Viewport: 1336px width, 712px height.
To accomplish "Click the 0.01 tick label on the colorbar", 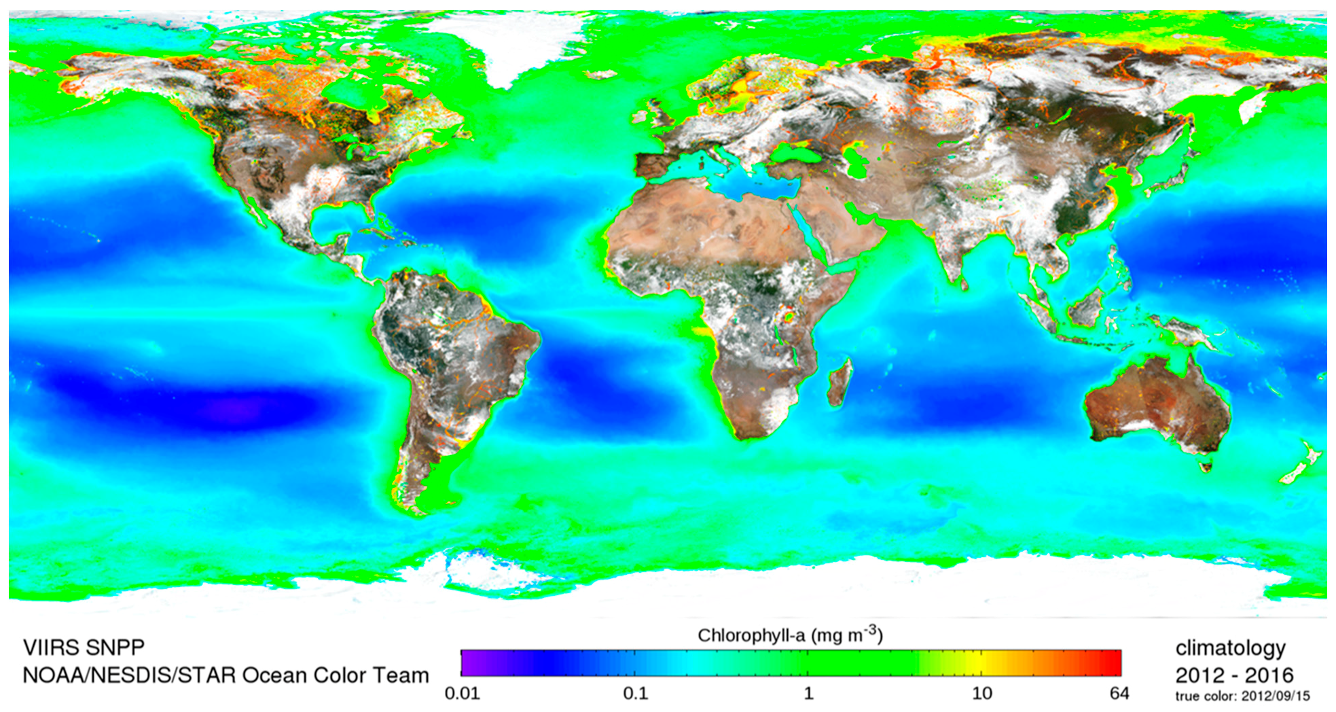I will (462, 694).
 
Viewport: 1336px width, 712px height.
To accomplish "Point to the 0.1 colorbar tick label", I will (635, 694).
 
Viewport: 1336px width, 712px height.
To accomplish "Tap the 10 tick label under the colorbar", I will (981, 694).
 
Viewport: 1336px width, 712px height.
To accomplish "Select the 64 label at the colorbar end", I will (1119, 694).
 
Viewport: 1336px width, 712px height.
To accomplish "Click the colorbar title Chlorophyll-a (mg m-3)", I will (790, 635).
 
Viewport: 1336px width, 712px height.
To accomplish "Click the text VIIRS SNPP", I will (84, 647).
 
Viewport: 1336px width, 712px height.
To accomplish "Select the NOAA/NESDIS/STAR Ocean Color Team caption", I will (225, 675).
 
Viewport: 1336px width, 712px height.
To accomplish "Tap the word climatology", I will (1230, 648).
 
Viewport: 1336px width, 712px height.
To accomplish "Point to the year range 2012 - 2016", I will (1234, 675).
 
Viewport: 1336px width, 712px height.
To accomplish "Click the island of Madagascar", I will (840, 382).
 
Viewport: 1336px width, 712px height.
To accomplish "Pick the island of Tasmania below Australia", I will (1206, 466).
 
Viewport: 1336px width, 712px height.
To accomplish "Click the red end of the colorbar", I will (1114, 662).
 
